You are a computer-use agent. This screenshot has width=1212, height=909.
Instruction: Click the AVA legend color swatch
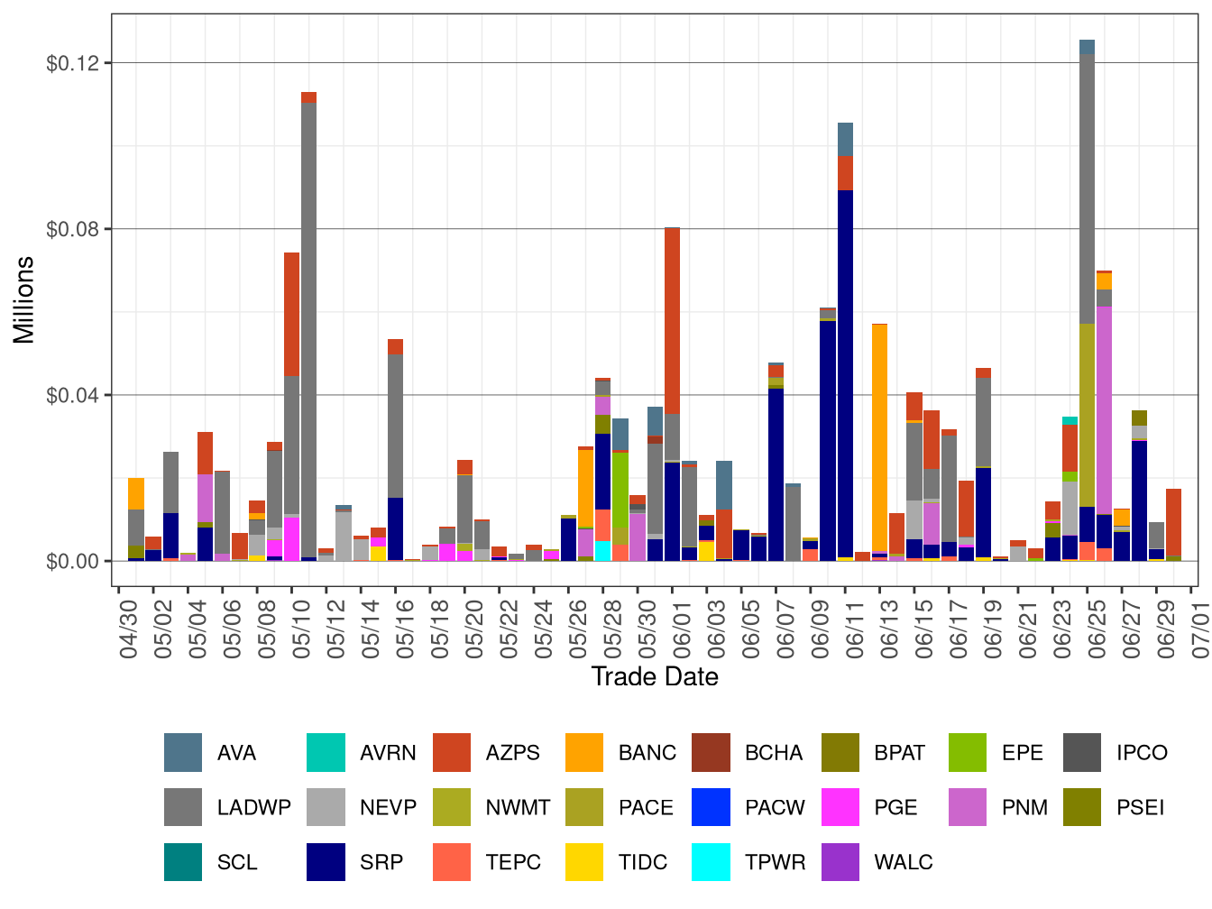pos(182,753)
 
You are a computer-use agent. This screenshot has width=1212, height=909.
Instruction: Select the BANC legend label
pos(647,753)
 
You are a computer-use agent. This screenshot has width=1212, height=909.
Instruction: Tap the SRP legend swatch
pos(326,862)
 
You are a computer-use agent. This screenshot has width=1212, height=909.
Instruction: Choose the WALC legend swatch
pos(840,862)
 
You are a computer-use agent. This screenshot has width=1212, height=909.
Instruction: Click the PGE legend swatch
pos(840,807)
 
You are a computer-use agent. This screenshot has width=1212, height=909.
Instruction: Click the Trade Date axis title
pos(655,677)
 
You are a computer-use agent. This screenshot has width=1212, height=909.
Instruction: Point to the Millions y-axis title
pos(24,299)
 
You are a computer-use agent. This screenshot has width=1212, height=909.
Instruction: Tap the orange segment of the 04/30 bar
pos(136,493)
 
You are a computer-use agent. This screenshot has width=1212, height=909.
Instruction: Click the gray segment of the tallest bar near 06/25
pos(1087,189)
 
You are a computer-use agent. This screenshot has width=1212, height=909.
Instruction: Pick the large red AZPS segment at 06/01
pos(672,321)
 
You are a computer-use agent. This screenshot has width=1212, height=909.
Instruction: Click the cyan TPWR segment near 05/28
pos(602,551)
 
